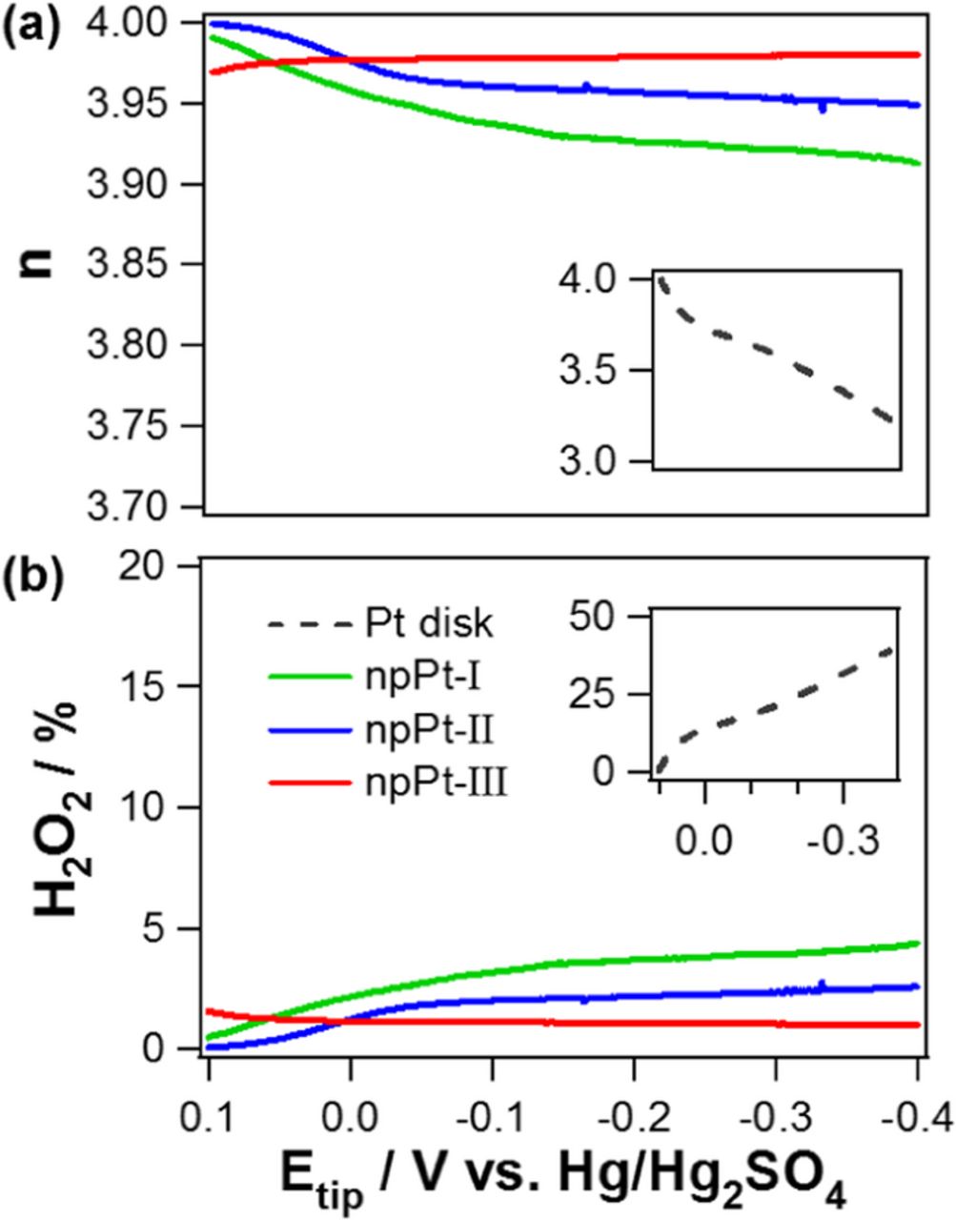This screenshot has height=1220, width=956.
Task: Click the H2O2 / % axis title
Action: [x=59, y=805]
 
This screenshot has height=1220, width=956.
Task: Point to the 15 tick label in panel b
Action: [x=161, y=686]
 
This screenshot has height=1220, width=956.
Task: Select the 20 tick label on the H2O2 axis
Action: [x=161, y=565]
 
